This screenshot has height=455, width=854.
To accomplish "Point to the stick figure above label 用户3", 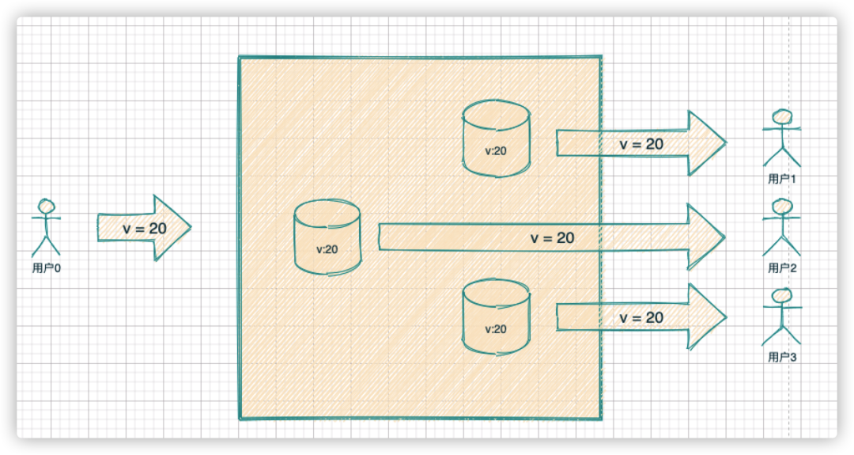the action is pyautogui.click(x=781, y=317).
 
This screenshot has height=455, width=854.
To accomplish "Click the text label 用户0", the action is pyautogui.click(x=47, y=268).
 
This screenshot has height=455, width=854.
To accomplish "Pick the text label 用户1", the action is pyautogui.click(x=782, y=179).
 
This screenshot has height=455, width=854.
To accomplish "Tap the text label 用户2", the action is pyautogui.click(x=782, y=268).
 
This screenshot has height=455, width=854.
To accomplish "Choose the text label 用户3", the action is pyautogui.click(x=782, y=358).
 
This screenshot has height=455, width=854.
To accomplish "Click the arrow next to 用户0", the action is pyautogui.click(x=145, y=228).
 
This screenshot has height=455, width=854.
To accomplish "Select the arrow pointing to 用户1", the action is pyautogui.click(x=641, y=143).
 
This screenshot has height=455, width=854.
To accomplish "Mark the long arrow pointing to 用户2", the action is pyautogui.click(x=552, y=237).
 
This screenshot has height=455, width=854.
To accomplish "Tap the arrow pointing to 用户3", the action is pyautogui.click(x=641, y=317).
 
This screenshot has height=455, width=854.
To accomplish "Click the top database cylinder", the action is pyautogui.click(x=496, y=138).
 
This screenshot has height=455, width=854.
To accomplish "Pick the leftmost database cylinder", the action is pyautogui.click(x=327, y=237).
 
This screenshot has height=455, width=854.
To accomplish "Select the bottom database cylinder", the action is pyautogui.click(x=496, y=317).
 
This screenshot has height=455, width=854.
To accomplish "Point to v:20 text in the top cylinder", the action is pyautogui.click(x=496, y=151).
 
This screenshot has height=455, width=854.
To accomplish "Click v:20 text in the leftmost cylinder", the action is pyautogui.click(x=327, y=249).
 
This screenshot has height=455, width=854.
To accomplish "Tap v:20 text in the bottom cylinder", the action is pyautogui.click(x=496, y=329).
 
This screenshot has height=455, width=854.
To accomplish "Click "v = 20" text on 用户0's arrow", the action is pyautogui.click(x=145, y=229).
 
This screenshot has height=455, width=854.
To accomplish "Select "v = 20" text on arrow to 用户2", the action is pyautogui.click(x=552, y=237).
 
